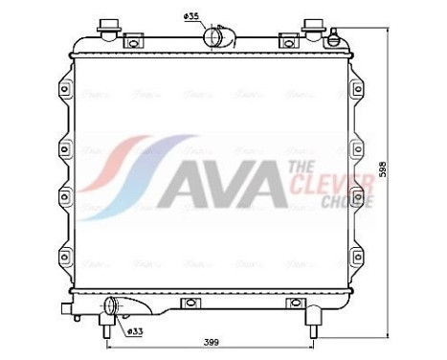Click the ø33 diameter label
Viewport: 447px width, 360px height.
137,330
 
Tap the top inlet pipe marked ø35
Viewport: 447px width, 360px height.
216,37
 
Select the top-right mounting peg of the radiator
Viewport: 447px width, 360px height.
312,26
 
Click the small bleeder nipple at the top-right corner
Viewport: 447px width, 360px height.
332,37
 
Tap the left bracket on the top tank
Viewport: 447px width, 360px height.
133,41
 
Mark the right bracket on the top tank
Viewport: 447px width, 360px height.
286,41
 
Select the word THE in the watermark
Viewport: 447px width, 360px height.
298,168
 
